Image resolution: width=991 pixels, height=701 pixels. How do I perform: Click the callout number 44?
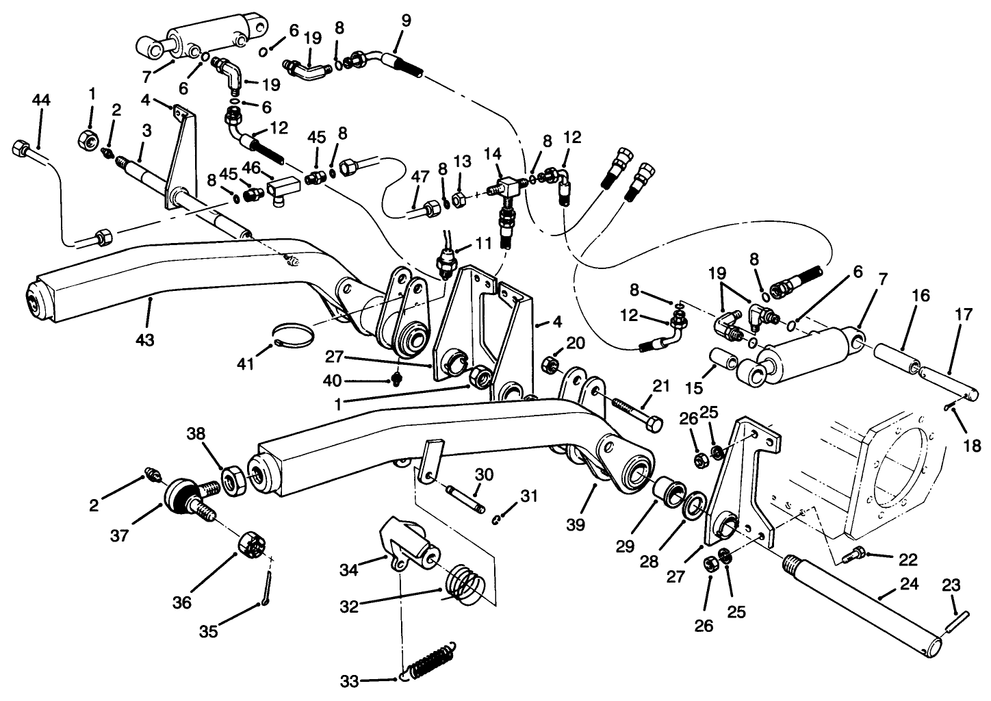coord(41,100)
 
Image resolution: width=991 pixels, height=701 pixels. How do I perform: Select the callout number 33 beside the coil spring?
coord(349,681)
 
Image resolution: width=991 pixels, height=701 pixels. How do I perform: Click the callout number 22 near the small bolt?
coord(908,559)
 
